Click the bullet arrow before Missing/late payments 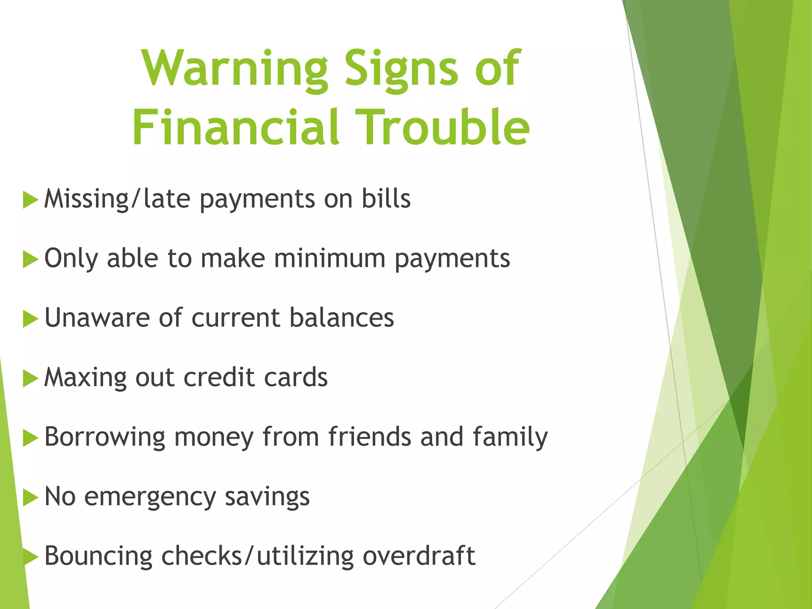click(31, 199)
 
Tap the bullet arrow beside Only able click(31, 259)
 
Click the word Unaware click(97, 318)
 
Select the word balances click(342, 318)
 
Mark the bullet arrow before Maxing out click(31, 378)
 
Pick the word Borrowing click(105, 437)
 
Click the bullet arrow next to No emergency click(31, 498)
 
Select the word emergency click(150, 497)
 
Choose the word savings click(267, 497)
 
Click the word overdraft click(419, 556)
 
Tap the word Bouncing click(98, 556)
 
